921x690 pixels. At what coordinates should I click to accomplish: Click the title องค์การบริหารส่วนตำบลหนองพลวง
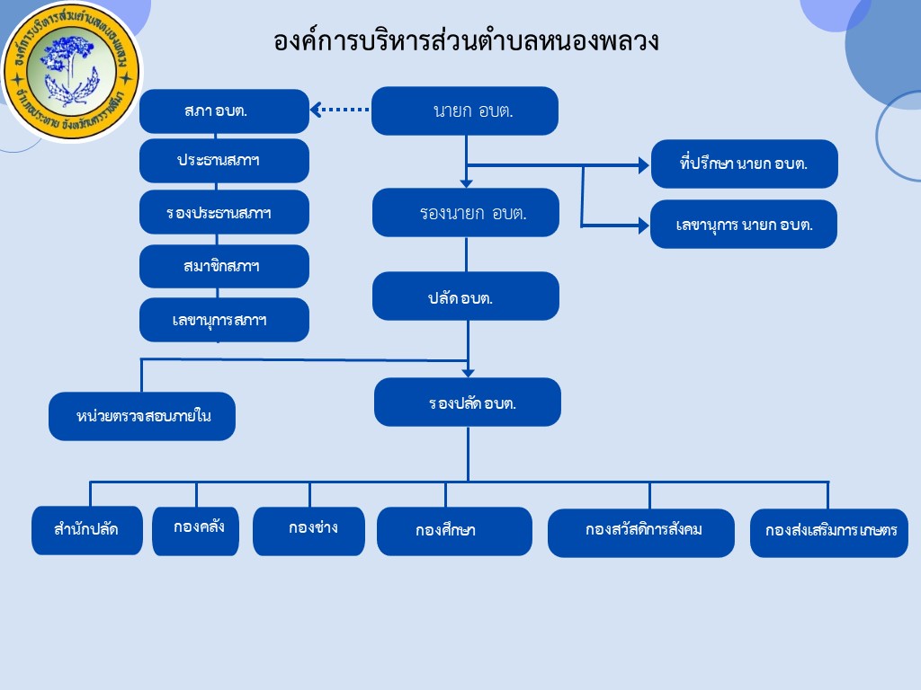(467, 40)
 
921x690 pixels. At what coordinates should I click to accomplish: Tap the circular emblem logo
(71, 72)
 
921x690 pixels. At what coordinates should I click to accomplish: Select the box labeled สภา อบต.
(224, 111)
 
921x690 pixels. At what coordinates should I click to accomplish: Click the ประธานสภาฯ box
(224, 161)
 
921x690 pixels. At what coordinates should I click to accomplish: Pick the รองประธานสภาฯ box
(224, 212)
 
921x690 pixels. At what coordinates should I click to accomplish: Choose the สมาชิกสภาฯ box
(224, 266)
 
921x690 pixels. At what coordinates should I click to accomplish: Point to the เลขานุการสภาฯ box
(224, 320)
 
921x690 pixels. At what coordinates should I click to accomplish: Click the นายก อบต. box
(465, 111)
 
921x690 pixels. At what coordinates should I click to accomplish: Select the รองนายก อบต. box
(465, 213)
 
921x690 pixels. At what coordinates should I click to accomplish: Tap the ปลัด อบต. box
(465, 296)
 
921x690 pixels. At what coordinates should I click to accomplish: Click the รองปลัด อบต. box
(467, 402)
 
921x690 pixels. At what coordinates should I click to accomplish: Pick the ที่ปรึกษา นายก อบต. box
(744, 164)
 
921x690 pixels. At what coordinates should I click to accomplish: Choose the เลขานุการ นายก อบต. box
(744, 224)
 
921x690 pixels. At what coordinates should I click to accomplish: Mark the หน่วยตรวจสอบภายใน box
(142, 416)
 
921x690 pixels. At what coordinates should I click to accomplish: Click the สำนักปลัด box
(87, 530)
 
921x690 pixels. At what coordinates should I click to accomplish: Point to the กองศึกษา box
(454, 531)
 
